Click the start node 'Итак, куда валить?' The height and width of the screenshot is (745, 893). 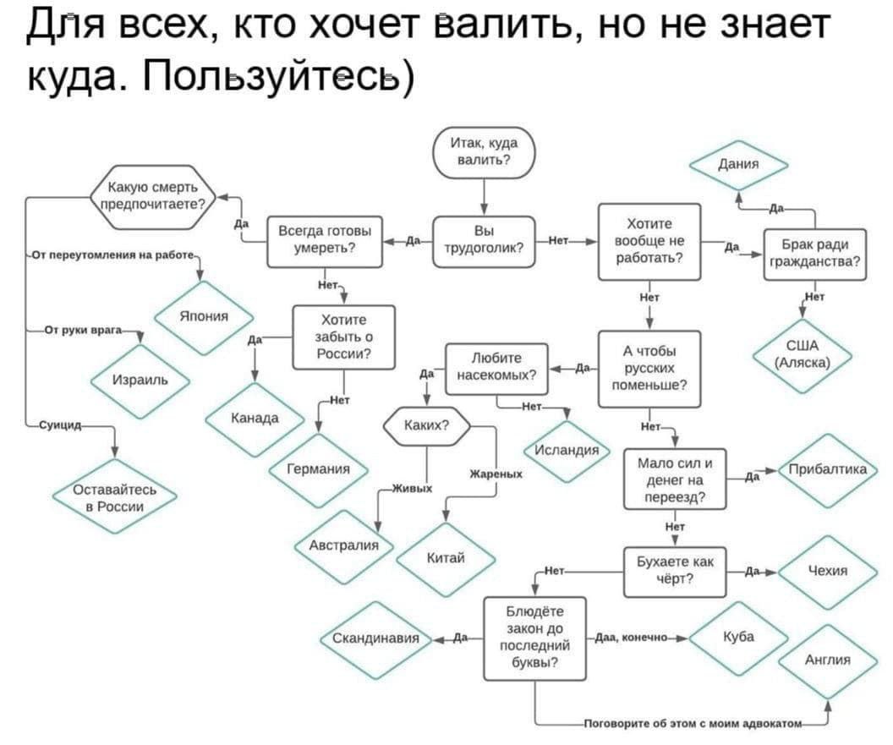pos(484,152)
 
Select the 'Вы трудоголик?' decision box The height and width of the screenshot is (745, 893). pos(484,242)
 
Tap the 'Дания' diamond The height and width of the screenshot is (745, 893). pos(738,165)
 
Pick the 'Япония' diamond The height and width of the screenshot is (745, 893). pos(204,317)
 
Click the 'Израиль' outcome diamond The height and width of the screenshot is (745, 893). pos(140,381)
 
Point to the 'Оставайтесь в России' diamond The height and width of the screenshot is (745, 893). pos(114,497)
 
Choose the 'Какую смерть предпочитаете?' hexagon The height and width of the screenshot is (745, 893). pos(152,196)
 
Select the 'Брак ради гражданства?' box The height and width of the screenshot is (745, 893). pos(815,255)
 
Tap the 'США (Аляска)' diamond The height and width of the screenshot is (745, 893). pos(803,355)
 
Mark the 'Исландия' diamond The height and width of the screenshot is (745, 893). pos(567,451)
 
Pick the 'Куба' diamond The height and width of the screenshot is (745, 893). pos(738,638)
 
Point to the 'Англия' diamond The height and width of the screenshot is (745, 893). pos(828,660)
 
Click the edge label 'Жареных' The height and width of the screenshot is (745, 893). pos(496,474)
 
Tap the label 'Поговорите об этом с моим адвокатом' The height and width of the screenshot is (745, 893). pos(693,724)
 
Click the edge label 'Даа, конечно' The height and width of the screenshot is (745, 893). pos(631,638)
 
